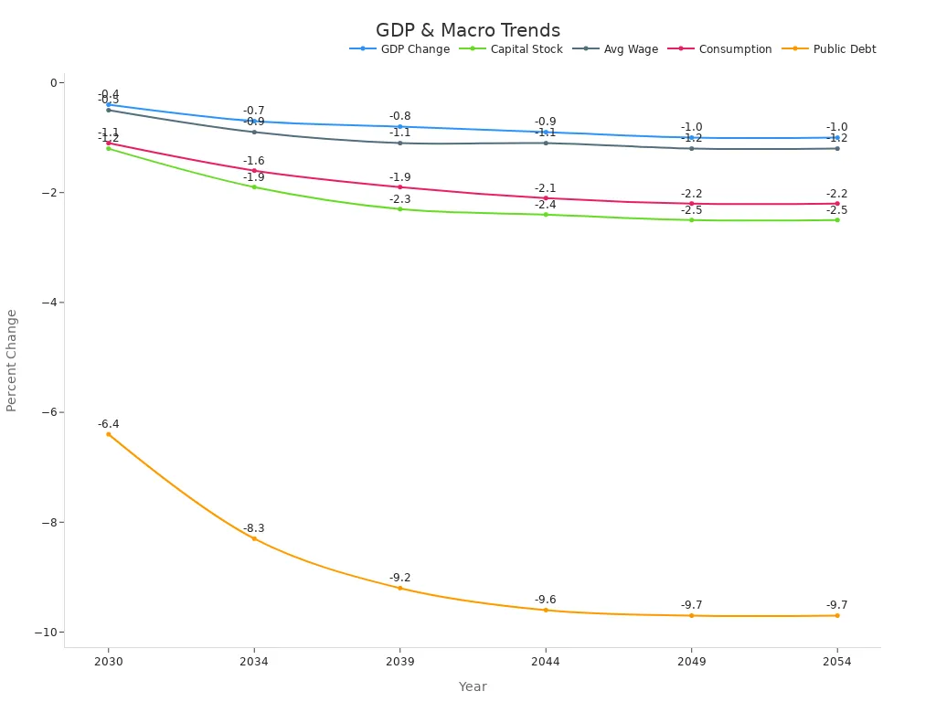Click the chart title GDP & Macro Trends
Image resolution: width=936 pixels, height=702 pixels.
[x=467, y=31]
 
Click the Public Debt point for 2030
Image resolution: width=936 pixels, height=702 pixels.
[x=108, y=434]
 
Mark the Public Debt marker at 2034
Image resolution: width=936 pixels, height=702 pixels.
[x=254, y=538]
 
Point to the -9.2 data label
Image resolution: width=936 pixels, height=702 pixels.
[x=399, y=578]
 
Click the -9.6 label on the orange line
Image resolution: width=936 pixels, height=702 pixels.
[x=545, y=600]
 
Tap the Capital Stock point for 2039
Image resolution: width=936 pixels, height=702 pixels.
[x=399, y=209]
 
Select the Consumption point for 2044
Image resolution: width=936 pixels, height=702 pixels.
[x=546, y=198]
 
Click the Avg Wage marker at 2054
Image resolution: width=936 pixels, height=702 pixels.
[x=836, y=149]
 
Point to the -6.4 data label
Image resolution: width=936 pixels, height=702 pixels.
[x=108, y=424]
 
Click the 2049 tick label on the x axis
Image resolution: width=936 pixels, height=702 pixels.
[x=691, y=662]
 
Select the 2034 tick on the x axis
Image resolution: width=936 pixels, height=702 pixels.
[x=254, y=662]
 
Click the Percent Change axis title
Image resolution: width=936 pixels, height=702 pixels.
[x=12, y=360]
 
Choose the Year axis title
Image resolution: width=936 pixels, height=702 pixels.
[x=473, y=686]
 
